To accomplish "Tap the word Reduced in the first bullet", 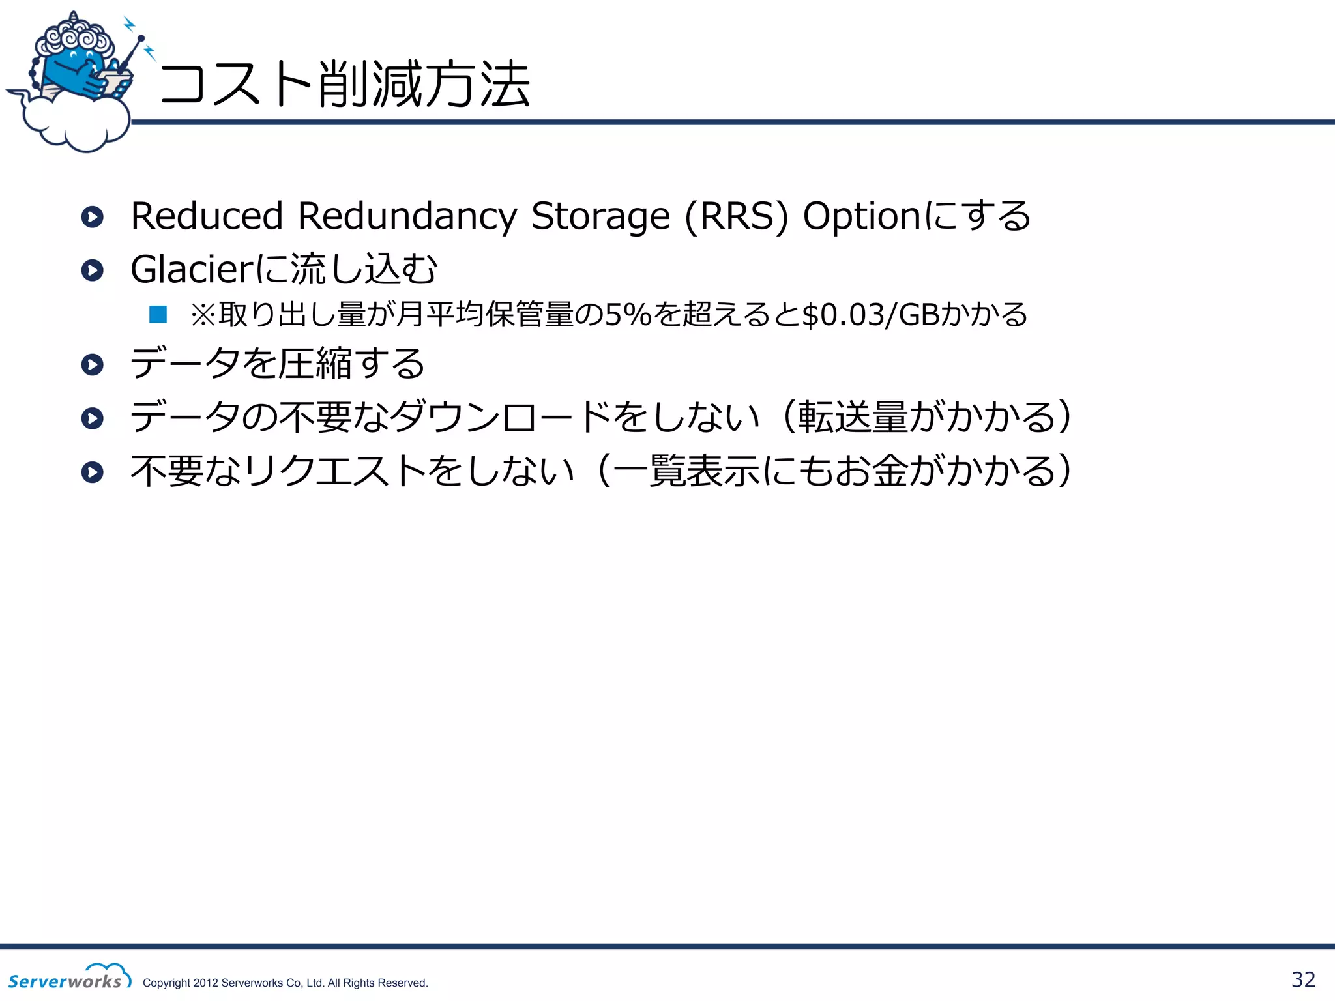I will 207,216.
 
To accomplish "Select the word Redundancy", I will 407,216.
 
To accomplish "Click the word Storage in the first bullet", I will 600,216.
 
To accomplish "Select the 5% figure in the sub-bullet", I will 628,315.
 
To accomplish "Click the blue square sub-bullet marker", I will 158,315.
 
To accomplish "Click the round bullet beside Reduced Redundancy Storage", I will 93,217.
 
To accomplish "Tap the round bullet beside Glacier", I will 93,270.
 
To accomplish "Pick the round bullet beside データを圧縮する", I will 93,364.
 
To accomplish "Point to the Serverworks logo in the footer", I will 68,978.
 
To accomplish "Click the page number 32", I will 1303,979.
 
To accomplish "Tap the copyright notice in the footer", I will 285,983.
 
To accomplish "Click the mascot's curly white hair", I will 74,36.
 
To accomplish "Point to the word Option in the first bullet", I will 860,216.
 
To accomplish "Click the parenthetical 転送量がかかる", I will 926,417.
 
